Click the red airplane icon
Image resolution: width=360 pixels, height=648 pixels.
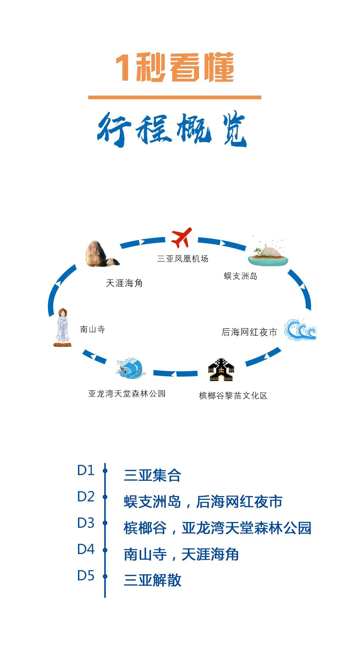pyautogui.click(x=181, y=238)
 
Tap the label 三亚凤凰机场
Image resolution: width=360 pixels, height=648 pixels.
pyautogui.click(x=183, y=259)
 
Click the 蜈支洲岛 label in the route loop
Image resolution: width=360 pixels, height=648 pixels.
pyautogui.click(x=240, y=276)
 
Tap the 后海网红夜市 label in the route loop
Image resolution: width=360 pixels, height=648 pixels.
pyautogui.click(x=249, y=332)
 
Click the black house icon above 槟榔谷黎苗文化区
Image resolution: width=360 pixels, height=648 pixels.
pyautogui.click(x=221, y=370)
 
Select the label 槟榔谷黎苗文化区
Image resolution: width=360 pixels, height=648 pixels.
pyautogui.click(x=233, y=395)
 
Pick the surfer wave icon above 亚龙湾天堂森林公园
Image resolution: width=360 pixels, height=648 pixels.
pyautogui.click(x=131, y=368)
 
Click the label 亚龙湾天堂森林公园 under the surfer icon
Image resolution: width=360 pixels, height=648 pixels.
pyautogui.click(x=127, y=393)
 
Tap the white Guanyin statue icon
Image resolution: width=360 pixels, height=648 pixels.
pyautogui.click(x=62, y=327)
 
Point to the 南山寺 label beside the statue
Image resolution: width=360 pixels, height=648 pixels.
pyautogui.click(x=92, y=329)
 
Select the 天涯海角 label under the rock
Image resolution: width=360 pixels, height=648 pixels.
pyautogui.click(x=124, y=283)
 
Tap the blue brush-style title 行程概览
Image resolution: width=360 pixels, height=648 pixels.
pyautogui.click(x=172, y=129)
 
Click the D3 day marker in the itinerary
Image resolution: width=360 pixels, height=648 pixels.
pyautogui.click(x=86, y=523)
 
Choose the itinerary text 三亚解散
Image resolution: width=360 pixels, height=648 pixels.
pyautogui.click(x=152, y=580)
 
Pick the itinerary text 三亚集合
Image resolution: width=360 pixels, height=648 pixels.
pyautogui.click(x=152, y=475)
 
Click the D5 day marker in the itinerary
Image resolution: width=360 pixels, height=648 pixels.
pyautogui.click(x=86, y=575)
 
